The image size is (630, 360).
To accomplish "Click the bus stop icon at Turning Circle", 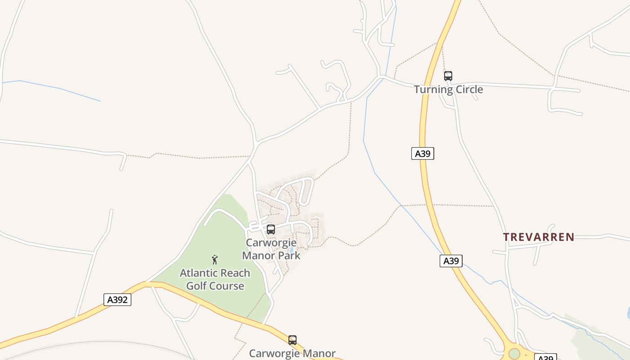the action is click(x=448, y=76).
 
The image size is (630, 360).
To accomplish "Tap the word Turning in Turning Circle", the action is click(x=431, y=90).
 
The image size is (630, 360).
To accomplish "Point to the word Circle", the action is click(x=466, y=89).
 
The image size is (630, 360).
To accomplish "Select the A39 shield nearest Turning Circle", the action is click(x=423, y=153).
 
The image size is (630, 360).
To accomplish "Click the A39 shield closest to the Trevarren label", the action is click(x=451, y=261).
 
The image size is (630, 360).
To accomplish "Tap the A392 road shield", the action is click(x=117, y=300).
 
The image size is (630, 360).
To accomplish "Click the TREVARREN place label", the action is click(x=538, y=237).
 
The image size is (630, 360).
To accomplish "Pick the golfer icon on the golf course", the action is click(x=215, y=260).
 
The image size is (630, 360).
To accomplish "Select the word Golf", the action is click(x=196, y=286).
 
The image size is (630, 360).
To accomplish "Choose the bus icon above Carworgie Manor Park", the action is click(x=270, y=229).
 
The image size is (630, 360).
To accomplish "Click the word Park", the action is click(x=288, y=256).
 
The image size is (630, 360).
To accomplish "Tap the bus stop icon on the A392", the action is click(x=292, y=340).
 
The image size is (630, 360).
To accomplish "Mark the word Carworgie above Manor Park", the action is click(x=271, y=243).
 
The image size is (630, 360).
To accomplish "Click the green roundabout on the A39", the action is click(x=514, y=354).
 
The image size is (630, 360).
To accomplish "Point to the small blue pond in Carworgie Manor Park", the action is click(x=291, y=249).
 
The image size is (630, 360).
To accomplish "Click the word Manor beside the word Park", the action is click(x=259, y=256).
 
